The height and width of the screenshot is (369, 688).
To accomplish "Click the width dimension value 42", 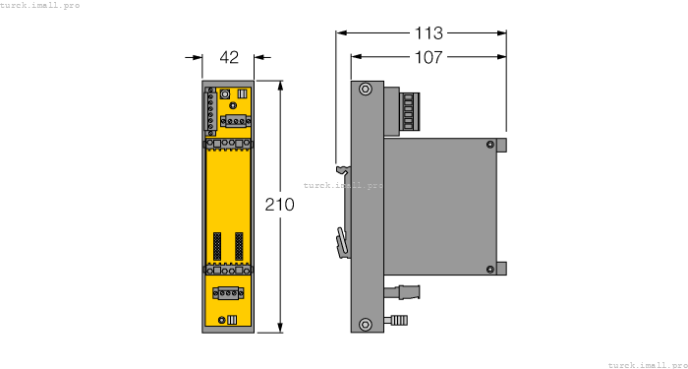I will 229,58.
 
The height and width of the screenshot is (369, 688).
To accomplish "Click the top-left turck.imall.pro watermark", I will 40,6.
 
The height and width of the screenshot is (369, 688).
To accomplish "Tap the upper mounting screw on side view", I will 365,90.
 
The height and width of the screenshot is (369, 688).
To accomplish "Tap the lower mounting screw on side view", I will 365,323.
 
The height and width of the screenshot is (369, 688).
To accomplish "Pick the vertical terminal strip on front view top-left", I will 210,110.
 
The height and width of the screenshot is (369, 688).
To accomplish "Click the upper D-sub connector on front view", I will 236,120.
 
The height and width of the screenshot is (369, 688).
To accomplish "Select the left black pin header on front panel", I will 217,245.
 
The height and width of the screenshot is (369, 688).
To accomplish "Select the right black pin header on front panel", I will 238,245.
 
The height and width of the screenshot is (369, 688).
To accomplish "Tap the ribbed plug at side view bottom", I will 401,319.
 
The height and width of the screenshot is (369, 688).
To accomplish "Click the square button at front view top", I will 226,94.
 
